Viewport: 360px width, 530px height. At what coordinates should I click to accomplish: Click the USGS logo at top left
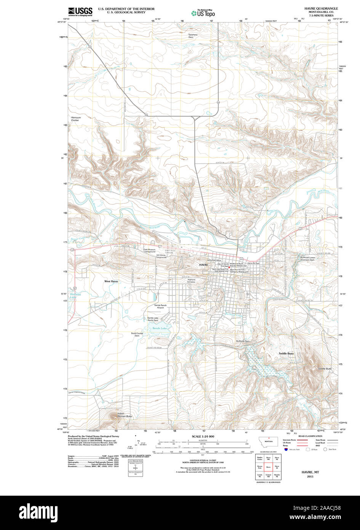[80, 12]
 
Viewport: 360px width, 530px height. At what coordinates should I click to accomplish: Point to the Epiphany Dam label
[193, 36]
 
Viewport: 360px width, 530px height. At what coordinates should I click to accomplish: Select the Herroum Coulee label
[76, 119]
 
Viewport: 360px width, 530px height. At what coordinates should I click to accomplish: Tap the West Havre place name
[111, 281]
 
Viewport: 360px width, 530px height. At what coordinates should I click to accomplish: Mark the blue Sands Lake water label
[160, 328]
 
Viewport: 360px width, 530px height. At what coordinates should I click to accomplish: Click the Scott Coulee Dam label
[137, 334]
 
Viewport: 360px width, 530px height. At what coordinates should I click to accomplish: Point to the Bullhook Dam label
[243, 341]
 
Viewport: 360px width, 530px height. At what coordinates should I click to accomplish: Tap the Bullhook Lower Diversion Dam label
[307, 259]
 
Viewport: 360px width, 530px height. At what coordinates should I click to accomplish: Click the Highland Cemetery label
[191, 281]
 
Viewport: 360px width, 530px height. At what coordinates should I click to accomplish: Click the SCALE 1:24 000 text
[203, 436]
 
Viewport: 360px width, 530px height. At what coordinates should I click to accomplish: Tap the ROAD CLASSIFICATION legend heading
[310, 436]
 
